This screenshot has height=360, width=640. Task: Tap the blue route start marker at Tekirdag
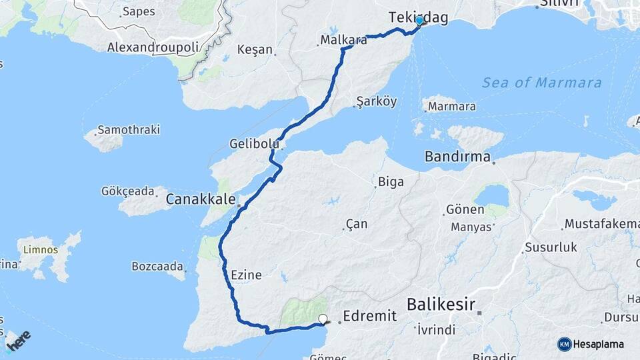tap(419, 21)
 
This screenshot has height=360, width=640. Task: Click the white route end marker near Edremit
tap(323, 319)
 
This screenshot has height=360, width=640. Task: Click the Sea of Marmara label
tap(541, 83)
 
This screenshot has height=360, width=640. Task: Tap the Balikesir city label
tap(441, 305)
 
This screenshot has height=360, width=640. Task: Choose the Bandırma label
tap(457, 158)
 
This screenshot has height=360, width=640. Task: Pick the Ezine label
tap(245, 275)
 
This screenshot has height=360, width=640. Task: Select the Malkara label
tap(343, 40)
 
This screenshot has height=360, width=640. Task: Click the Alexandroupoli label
tap(154, 47)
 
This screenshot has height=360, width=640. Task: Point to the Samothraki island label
tap(129, 129)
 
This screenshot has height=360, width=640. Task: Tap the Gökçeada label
tap(127, 191)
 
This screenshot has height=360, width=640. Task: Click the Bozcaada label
tap(157, 267)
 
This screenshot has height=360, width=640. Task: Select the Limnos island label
tap(41, 250)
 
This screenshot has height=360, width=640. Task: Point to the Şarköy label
tap(377, 101)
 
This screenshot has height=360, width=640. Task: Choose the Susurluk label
tap(551, 247)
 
